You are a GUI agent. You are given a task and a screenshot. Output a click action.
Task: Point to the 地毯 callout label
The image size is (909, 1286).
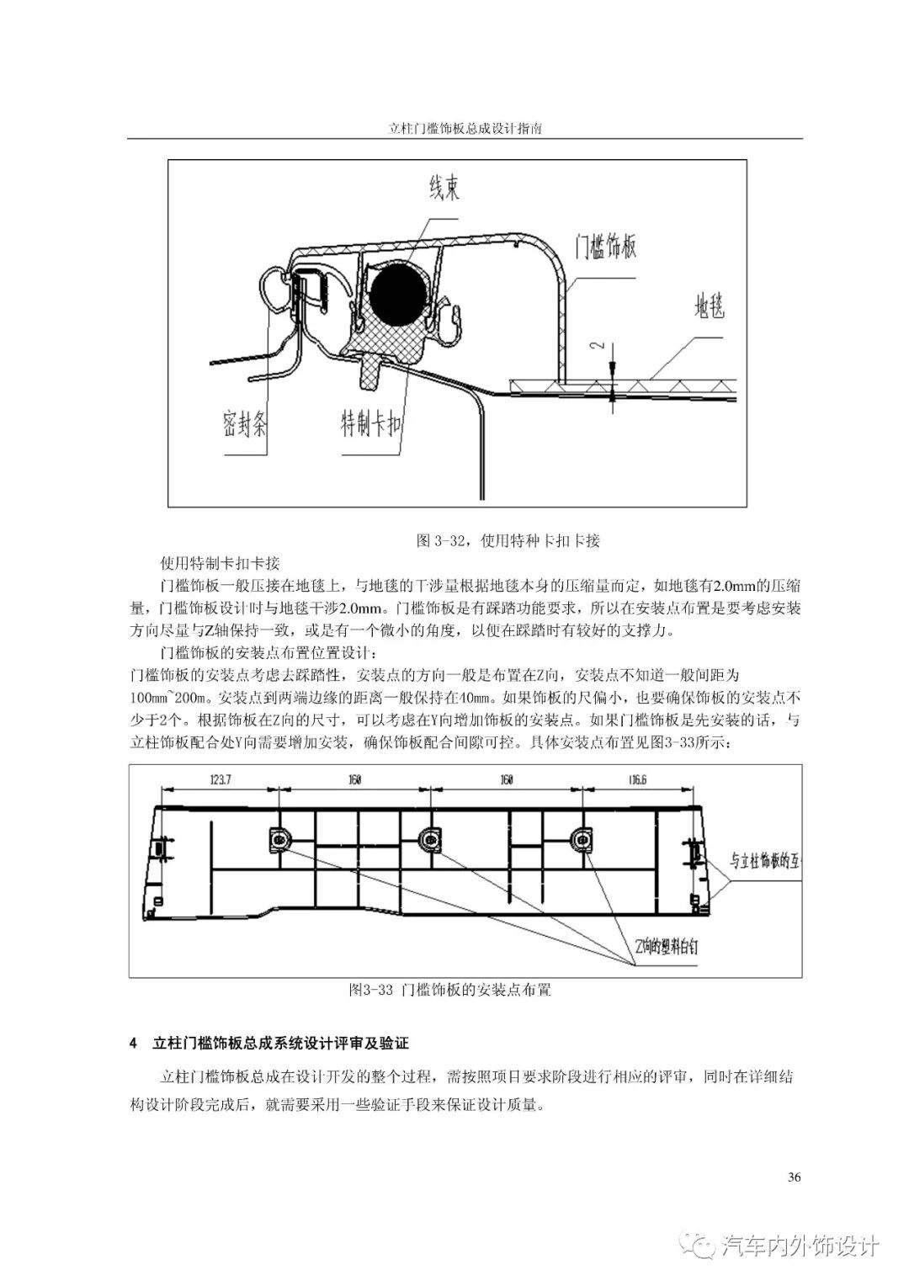(x=708, y=307)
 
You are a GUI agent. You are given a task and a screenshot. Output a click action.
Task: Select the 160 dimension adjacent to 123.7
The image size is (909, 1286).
(x=354, y=780)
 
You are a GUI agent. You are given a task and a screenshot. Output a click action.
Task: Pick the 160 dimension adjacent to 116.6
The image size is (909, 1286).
(x=507, y=780)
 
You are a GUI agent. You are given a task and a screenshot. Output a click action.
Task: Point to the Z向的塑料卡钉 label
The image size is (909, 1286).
(x=667, y=946)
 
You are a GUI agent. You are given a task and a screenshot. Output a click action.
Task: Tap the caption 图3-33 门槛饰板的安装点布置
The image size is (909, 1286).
(x=449, y=990)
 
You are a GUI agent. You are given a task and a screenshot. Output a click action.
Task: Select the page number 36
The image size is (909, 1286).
(x=794, y=1177)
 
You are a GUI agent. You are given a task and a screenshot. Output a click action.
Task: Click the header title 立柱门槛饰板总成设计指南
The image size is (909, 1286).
(x=465, y=130)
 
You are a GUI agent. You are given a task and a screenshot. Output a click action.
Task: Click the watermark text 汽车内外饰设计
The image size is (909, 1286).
(x=800, y=1246)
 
